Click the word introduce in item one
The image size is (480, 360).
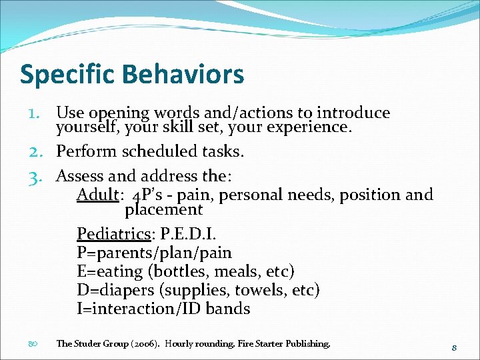[353, 113]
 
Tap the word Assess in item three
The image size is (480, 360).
[80, 177]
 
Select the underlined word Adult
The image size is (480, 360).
[97, 195]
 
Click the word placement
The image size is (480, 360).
[163, 210]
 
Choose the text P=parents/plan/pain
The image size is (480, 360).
[154, 253]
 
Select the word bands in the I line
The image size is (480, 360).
[228, 309]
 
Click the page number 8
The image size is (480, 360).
[453, 347]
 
